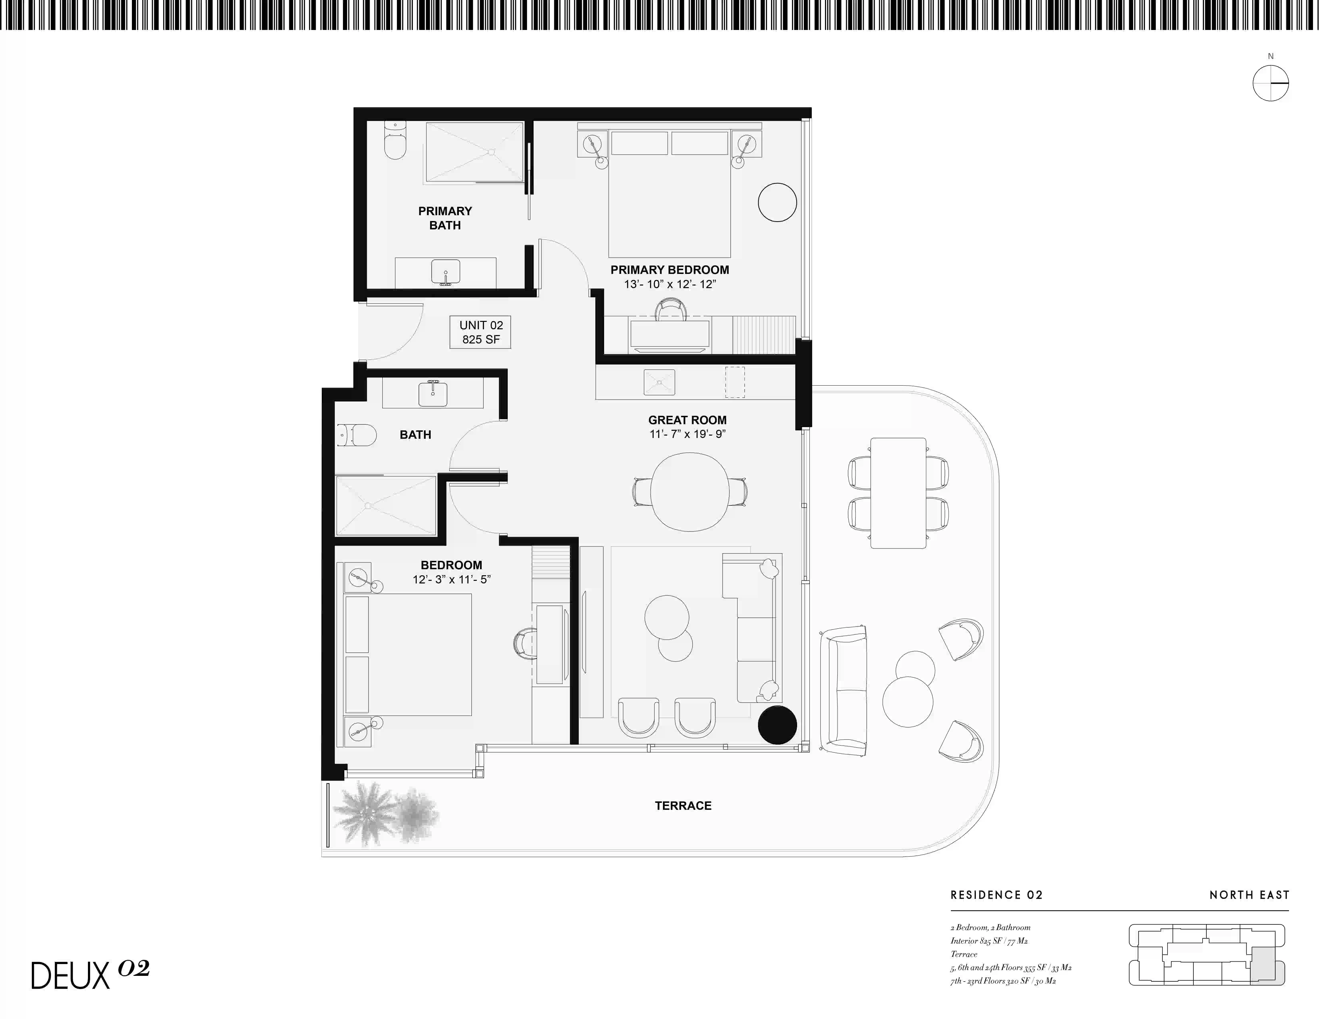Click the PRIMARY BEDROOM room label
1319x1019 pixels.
coord(670,270)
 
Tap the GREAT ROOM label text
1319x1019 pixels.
coord(687,420)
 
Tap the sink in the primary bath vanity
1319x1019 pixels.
coord(446,272)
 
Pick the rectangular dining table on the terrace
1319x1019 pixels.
coord(898,493)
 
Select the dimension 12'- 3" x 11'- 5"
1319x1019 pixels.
coord(452,579)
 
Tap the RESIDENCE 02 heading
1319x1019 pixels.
coord(996,895)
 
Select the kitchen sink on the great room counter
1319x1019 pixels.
coord(659,382)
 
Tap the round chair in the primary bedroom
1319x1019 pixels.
coord(777,202)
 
